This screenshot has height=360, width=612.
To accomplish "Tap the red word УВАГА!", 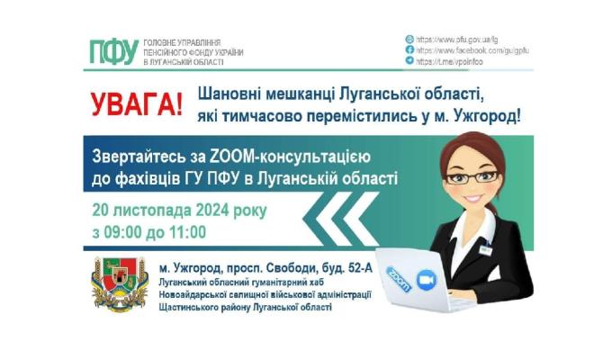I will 135,102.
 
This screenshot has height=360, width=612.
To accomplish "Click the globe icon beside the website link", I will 409,40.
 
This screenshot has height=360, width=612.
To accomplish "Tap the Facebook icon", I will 409,50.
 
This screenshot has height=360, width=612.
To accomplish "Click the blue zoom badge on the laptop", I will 399,273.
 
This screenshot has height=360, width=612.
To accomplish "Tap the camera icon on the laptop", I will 427,280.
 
